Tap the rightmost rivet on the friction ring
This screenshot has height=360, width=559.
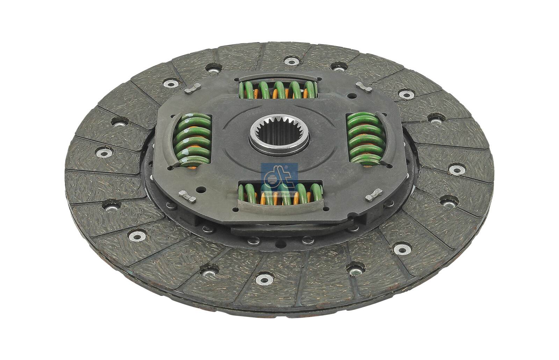coord(456,170)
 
